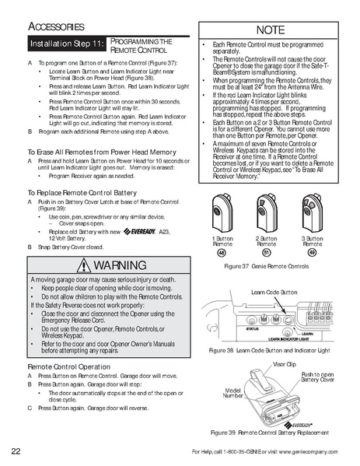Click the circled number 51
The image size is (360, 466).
click(267, 252)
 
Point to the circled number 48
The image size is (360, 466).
click(222, 252)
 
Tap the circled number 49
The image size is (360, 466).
click(312, 252)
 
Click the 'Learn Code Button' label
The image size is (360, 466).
click(274, 292)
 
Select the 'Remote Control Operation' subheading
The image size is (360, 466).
click(68, 365)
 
